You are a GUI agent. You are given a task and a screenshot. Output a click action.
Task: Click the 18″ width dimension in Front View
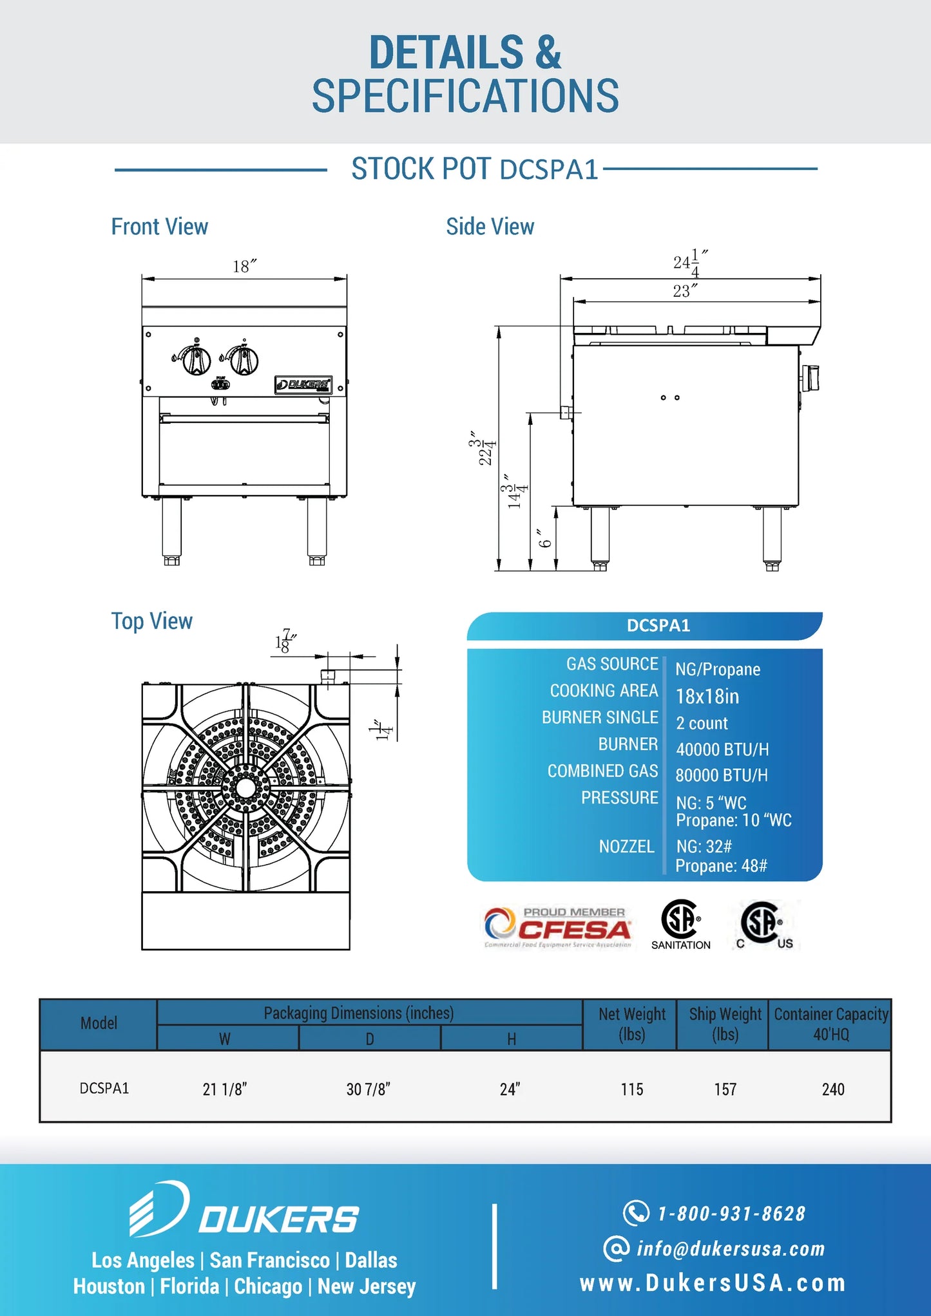click(x=244, y=266)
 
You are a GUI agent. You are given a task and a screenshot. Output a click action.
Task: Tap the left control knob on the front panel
click(x=195, y=360)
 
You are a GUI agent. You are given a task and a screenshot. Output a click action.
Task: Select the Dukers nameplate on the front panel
click(x=303, y=384)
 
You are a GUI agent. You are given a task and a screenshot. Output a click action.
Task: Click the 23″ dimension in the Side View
click(x=684, y=291)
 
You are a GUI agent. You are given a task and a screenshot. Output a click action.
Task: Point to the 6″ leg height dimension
click(x=545, y=538)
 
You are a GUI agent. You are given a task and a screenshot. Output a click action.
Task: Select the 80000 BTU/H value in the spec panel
click(x=721, y=775)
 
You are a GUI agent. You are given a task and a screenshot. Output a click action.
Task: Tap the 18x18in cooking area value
click(x=707, y=697)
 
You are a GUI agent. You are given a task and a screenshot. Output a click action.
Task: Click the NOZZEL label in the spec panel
click(x=626, y=846)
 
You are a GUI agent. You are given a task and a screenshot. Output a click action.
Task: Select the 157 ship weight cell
click(x=725, y=1089)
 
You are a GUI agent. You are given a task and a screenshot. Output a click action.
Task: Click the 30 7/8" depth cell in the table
click(x=368, y=1089)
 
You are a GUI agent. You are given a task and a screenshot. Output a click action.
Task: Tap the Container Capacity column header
click(x=830, y=1024)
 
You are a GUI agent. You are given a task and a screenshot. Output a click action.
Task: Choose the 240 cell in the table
click(x=832, y=1089)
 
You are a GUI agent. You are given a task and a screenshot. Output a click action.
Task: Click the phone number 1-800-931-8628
click(x=731, y=1214)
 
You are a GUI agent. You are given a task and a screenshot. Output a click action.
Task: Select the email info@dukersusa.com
click(x=730, y=1249)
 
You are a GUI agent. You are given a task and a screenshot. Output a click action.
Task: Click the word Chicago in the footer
click(x=268, y=1286)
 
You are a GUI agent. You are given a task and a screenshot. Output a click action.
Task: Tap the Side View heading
click(x=490, y=227)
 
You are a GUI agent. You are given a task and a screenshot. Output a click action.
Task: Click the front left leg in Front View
click(x=171, y=529)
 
